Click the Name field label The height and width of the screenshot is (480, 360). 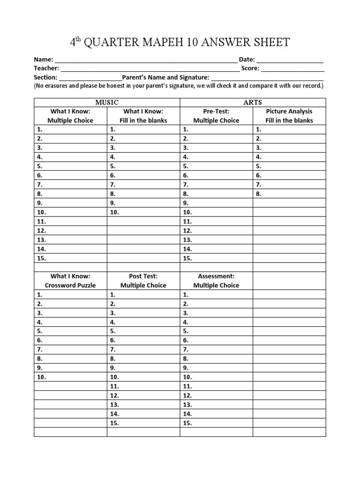point(43,60)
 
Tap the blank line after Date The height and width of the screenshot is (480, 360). point(290,60)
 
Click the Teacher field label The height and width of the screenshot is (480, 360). point(46,68)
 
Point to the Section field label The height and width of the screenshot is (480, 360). point(45,77)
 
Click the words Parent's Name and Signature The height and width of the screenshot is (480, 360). point(165,77)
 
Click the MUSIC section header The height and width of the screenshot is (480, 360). point(107,102)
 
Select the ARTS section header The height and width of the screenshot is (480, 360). point(253,102)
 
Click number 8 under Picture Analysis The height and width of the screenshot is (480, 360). point(259,193)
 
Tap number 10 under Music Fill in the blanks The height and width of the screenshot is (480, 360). point(115,212)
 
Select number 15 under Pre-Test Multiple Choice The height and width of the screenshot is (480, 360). point(188,258)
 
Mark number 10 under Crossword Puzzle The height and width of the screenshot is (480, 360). point(42,377)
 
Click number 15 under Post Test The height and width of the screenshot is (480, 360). point(115,423)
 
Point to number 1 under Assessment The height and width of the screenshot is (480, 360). point(186,295)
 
